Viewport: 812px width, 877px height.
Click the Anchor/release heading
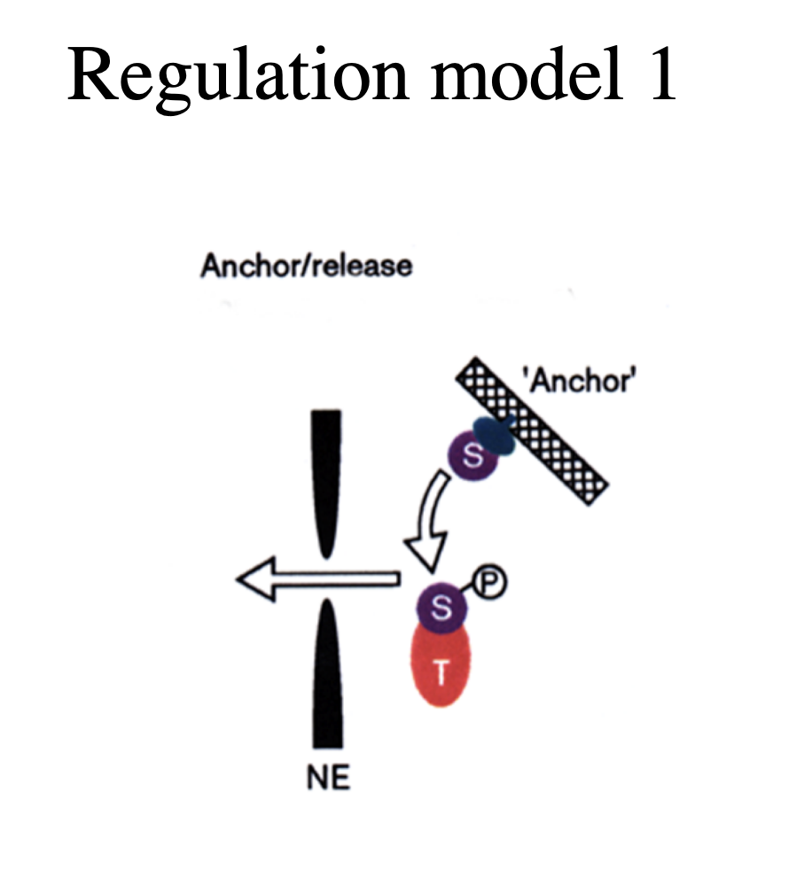307,266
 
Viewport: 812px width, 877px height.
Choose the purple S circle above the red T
443,608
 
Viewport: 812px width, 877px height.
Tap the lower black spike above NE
327,673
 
